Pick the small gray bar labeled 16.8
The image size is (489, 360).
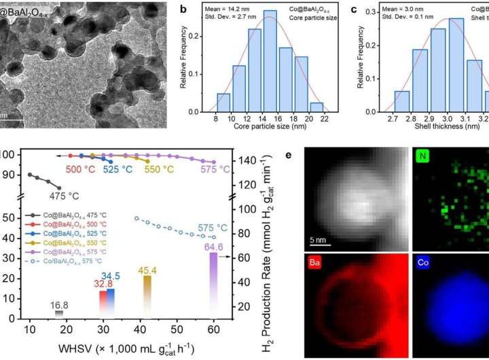[x=58, y=313]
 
